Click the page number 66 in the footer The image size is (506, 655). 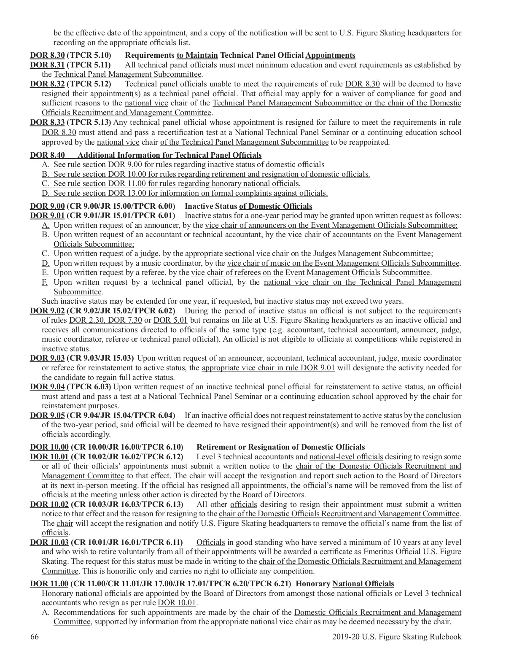click(x=35, y=637)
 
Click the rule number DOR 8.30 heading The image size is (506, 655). click(x=47, y=55)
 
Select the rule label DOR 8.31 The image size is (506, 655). click(x=47, y=65)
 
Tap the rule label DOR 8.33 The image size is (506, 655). click(x=47, y=122)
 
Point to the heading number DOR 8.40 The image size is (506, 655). click(x=47, y=155)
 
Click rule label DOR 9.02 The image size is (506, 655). click(x=47, y=311)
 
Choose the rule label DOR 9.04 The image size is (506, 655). click(x=47, y=387)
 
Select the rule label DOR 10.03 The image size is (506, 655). click(x=49, y=542)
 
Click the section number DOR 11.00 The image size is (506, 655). click(x=49, y=584)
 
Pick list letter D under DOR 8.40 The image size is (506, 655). click(x=45, y=193)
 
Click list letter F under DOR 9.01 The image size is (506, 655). click(x=45, y=282)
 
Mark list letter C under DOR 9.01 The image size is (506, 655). click(x=45, y=253)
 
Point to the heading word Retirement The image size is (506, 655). click(x=216, y=447)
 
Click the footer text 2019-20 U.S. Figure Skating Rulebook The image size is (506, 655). click(x=396, y=637)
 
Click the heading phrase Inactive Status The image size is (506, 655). click(x=211, y=206)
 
